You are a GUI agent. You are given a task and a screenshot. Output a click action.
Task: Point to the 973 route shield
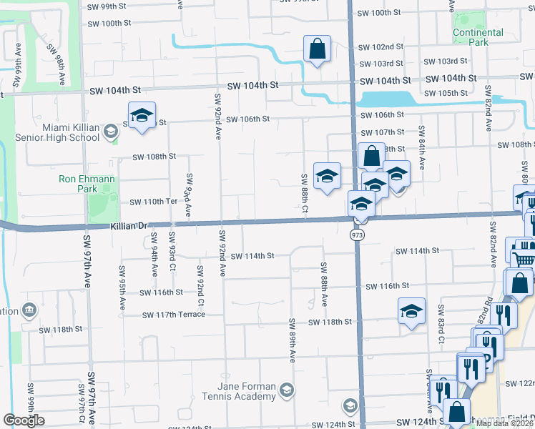click(x=356, y=235)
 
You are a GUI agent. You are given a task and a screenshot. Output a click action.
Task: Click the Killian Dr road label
click(x=129, y=226)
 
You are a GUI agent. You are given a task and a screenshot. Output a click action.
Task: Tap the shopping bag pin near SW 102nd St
click(x=316, y=50)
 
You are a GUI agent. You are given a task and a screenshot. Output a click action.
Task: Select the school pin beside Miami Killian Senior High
click(x=142, y=116)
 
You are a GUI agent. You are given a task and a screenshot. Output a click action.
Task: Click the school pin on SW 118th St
click(x=411, y=311)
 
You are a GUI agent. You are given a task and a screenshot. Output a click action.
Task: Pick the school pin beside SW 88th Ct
click(x=327, y=177)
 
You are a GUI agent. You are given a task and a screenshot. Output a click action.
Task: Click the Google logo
click(x=24, y=420)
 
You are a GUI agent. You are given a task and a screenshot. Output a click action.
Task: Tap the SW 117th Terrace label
click(x=173, y=315)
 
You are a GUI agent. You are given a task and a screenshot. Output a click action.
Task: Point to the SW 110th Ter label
click(x=152, y=202)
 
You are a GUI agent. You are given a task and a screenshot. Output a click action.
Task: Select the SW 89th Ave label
click(x=293, y=340)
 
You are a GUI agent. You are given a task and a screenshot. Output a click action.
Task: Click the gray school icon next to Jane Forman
click(x=286, y=389)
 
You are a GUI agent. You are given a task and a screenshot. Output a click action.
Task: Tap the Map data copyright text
click(x=504, y=423)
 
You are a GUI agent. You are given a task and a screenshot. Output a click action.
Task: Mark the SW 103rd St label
click(x=448, y=62)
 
